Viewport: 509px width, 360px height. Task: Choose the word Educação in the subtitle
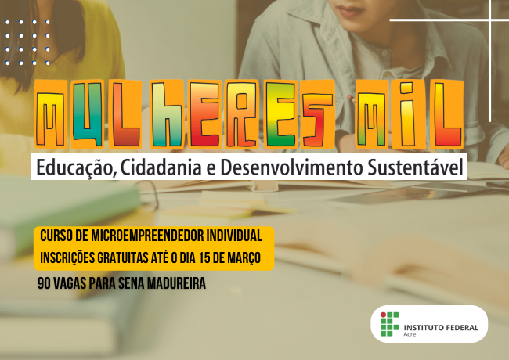[x=69, y=167]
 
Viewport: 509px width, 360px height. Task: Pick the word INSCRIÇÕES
[x=74, y=257]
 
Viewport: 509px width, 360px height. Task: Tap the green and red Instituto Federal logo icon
[x=389, y=324]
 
